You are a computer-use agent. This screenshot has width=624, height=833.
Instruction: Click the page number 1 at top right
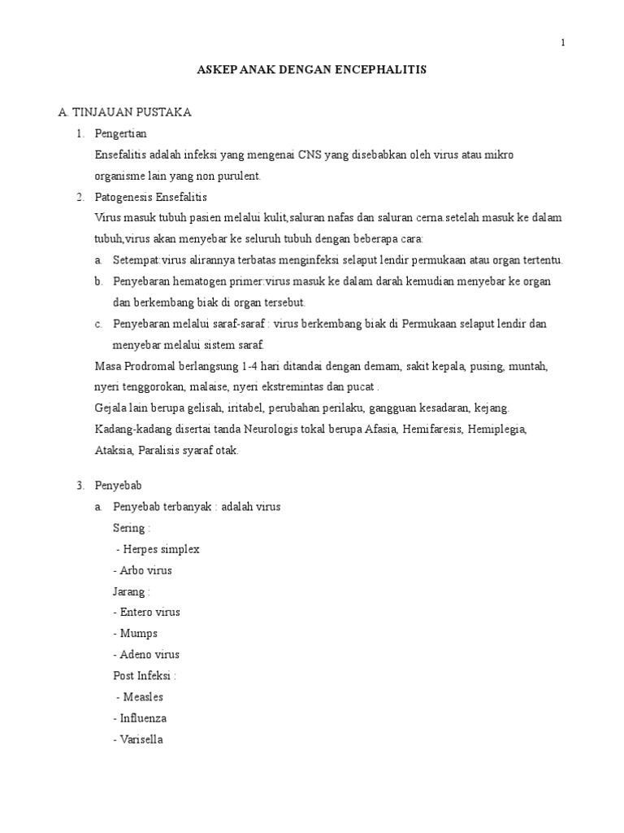(x=563, y=43)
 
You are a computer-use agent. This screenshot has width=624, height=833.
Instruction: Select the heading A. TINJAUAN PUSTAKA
(x=125, y=112)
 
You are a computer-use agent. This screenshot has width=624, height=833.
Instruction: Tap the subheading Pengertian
(x=121, y=133)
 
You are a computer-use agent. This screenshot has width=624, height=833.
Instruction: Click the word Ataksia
(x=113, y=450)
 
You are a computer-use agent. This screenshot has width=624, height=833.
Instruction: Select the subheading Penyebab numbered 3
(x=119, y=486)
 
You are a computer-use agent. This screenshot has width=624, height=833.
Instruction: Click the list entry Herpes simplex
(x=158, y=549)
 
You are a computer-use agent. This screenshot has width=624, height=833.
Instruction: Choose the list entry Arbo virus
(x=143, y=570)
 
